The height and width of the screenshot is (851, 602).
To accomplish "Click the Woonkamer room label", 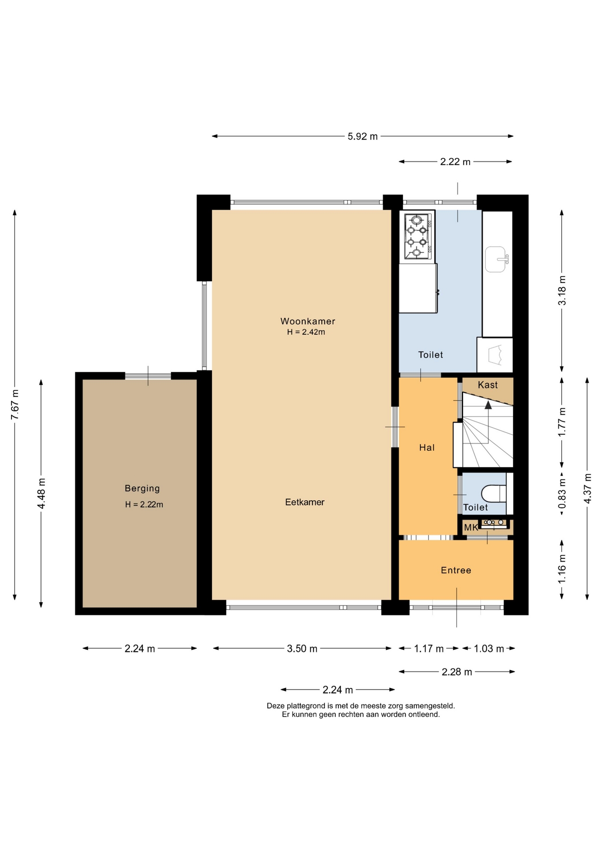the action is (x=308, y=321).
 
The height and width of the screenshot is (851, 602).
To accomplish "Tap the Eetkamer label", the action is (x=305, y=502).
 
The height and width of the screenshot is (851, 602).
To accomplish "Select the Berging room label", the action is (x=142, y=488).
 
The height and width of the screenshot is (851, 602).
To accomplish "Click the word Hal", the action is (x=427, y=448).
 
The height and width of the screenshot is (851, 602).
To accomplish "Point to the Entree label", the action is (x=456, y=570).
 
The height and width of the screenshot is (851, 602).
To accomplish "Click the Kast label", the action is (x=488, y=385).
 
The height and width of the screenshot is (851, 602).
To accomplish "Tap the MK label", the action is (x=471, y=527).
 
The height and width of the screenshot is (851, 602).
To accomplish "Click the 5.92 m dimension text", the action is (x=363, y=137).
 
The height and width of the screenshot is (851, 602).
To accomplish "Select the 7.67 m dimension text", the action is (x=15, y=404).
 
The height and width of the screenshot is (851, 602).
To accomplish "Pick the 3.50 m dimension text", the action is (x=302, y=649).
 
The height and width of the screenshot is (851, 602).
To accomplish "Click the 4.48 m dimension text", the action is (x=41, y=494).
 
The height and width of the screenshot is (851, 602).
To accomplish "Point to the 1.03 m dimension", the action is (x=489, y=649).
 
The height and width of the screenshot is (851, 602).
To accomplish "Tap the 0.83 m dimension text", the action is (x=562, y=494).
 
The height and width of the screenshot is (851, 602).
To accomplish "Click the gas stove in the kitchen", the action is (x=417, y=236).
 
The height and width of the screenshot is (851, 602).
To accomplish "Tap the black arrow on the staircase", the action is (x=488, y=405).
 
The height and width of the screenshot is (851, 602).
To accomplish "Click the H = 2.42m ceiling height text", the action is (x=306, y=332).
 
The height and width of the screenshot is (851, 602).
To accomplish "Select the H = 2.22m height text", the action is (x=144, y=504).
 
